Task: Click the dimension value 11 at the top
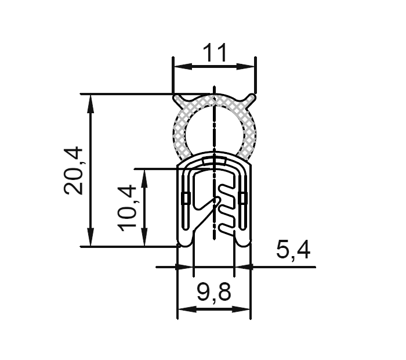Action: tap(214, 53)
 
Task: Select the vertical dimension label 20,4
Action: tap(75, 170)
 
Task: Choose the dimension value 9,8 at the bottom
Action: tap(214, 293)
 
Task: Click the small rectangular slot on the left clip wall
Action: tap(185, 198)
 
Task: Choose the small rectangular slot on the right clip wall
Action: tap(242, 198)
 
